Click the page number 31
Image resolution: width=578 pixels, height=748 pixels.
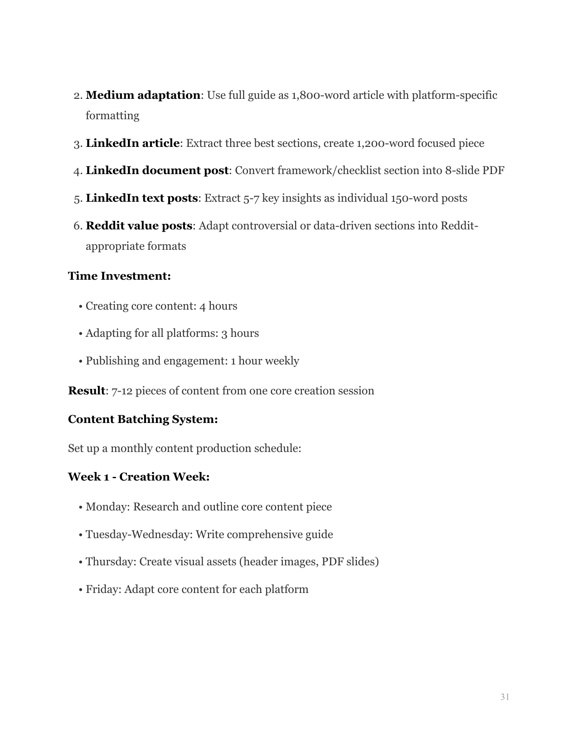505,697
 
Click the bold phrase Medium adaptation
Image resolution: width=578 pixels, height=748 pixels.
143,95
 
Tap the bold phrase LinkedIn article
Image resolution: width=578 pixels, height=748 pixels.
132,143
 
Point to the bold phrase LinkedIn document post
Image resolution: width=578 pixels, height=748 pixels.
157,170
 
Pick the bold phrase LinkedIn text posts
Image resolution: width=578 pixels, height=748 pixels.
141,198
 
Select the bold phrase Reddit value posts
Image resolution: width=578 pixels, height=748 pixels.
139,226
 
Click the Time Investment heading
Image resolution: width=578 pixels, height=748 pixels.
119,276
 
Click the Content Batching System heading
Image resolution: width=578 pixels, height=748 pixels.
143,419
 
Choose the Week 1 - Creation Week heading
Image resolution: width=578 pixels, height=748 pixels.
139,477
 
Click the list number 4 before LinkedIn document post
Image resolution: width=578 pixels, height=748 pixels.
77,171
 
